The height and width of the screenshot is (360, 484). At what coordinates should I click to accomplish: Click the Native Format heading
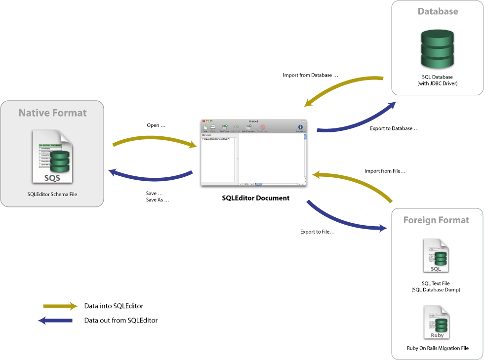point(52,113)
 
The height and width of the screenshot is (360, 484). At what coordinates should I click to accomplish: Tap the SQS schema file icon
point(52,157)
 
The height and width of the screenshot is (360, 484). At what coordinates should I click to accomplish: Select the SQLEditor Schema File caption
point(52,194)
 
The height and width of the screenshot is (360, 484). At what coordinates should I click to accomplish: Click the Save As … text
point(158,200)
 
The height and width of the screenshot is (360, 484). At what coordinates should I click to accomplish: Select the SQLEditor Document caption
point(255,198)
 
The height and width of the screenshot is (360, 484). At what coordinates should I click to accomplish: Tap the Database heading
point(438,11)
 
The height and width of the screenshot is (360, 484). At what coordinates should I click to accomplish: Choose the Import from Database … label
point(311,76)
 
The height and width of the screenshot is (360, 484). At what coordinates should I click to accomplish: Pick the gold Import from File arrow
point(353,182)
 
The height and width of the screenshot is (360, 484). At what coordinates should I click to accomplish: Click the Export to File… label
point(318,232)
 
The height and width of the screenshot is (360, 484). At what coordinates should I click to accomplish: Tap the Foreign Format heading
point(436,220)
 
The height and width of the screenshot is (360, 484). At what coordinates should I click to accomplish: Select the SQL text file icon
point(436,256)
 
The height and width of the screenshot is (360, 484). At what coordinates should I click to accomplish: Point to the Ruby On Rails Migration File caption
point(438,348)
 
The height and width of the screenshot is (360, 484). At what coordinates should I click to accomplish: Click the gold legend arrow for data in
point(60,306)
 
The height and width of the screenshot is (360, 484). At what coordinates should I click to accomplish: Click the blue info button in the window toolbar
point(300,127)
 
